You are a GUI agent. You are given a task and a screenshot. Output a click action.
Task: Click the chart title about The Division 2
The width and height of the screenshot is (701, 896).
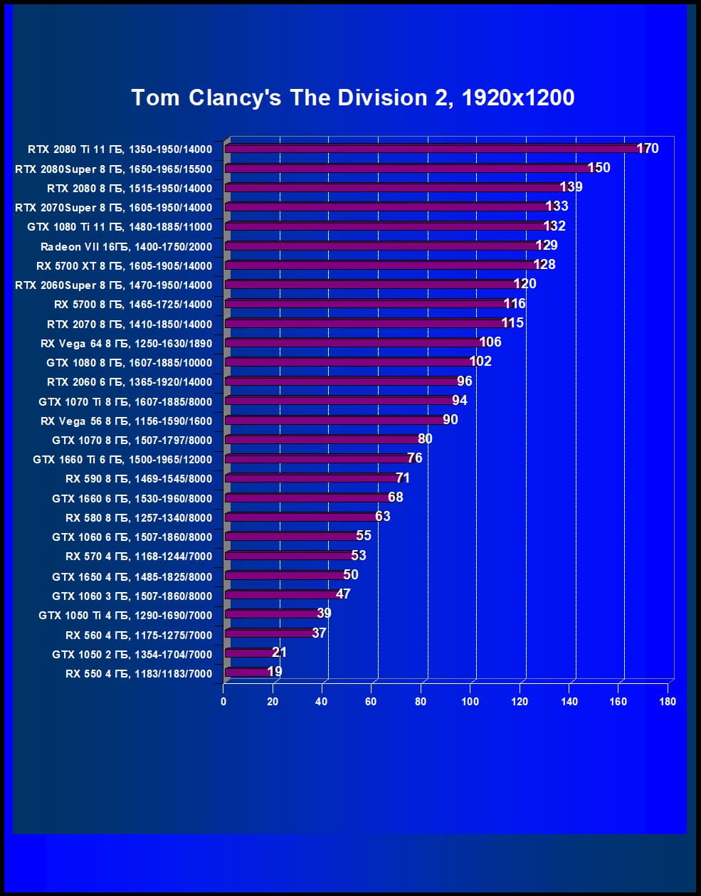[x=353, y=97]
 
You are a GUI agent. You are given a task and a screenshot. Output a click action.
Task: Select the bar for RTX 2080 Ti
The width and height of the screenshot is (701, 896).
[x=434, y=149]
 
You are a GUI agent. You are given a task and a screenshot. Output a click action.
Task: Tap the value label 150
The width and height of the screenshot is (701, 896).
[x=599, y=167]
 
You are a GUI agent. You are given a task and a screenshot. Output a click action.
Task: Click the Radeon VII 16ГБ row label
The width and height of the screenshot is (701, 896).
[x=126, y=246]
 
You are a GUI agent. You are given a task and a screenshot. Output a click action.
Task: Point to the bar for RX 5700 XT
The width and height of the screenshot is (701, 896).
[x=381, y=265]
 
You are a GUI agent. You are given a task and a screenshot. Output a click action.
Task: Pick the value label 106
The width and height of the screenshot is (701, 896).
[x=490, y=342]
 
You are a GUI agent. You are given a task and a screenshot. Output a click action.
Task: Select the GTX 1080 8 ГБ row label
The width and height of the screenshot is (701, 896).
[x=129, y=362]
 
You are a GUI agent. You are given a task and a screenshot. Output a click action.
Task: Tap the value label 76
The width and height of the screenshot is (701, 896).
[x=415, y=458]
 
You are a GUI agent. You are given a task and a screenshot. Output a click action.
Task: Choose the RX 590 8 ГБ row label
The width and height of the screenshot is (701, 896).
[x=138, y=479]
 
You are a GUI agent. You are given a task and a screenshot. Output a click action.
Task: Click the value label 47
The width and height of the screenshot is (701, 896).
[x=343, y=594]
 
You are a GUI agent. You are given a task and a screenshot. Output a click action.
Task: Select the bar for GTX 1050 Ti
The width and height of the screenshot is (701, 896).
[x=271, y=613]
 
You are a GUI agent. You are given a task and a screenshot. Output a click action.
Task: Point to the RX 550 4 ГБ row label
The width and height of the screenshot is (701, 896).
[x=138, y=673]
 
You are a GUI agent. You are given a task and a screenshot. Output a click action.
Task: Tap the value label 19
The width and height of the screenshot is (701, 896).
[x=275, y=671]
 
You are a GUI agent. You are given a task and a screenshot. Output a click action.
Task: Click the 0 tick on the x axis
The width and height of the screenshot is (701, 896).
[x=223, y=701]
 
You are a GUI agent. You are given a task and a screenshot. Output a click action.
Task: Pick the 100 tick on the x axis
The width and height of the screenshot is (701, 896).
[x=470, y=701]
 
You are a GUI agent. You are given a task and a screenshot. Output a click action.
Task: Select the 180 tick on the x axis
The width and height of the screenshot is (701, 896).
[x=668, y=701]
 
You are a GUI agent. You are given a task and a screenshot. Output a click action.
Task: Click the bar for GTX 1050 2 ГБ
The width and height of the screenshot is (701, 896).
[x=249, y=653]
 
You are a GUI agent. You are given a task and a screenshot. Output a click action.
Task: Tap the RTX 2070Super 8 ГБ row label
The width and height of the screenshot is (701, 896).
[x=113, y=207]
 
